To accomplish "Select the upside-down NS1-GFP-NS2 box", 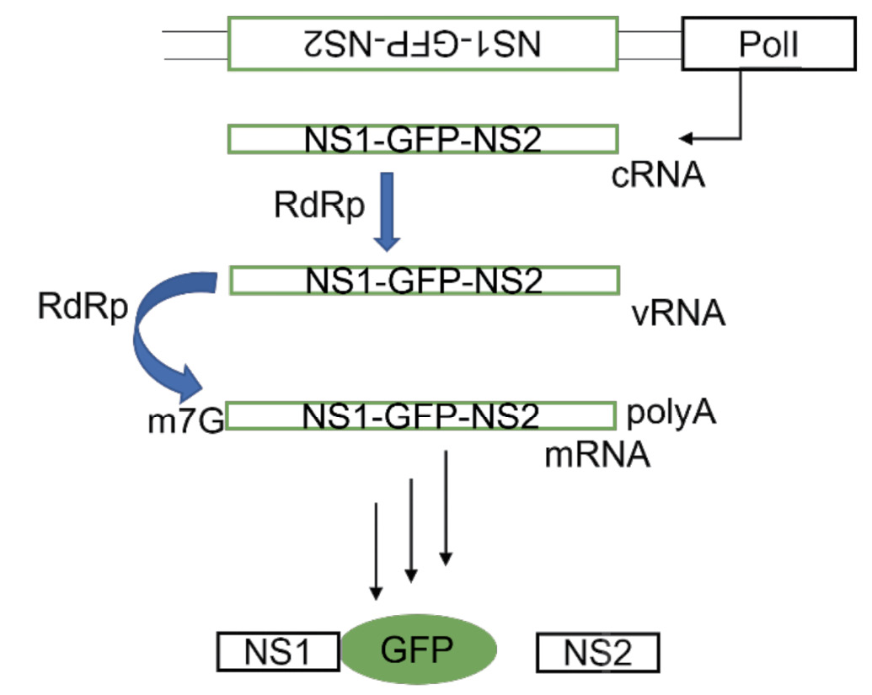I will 424,44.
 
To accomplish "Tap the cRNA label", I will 658,177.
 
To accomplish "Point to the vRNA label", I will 677,314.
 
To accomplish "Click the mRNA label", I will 597,456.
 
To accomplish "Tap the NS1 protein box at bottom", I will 278,652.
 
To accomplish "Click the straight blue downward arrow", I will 388,211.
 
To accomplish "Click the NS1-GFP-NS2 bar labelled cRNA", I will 424,140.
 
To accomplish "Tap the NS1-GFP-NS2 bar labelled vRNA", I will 424,280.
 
